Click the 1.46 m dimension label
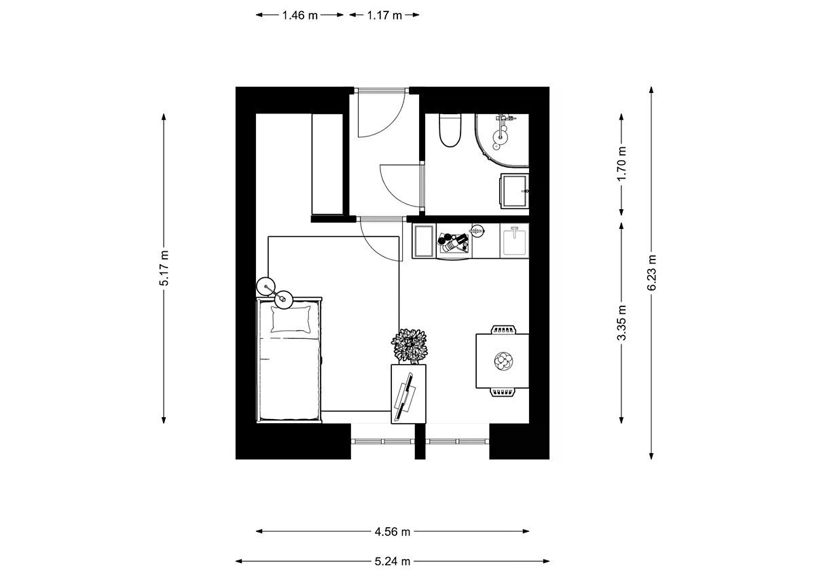pyautogui.click(x=300, y=15)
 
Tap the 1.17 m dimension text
pyautogui.click(x=384, y=15)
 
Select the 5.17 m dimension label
pyautogui.click(x=164, y=268)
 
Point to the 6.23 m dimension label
pyautogui.click(x=651, y=272)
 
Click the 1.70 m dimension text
pyautogui.click(x=622, y=164)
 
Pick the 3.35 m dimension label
pyautogui.click(x=622, y=323)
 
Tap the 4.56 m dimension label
pyautogui.click(x=393, y=532)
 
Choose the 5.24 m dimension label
pyautogui.click(x=393, y=562)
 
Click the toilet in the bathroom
pyautogui.click(x=450, y=130)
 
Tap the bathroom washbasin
pyautogui.click(x=515, y=191)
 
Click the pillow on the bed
pyautogui.click(x=291, y=319)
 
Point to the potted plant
pyautogui.click(x=410, y=346)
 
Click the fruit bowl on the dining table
pyautogui.click(x=503, y=361)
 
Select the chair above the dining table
pyautogui.click(x=503, y=330)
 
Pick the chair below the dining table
pyautogui.click(x=503, y=392)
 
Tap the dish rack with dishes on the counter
pyautogui.click(x=454, y=243)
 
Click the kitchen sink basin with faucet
pyautogui.click(x=515, y=241)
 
